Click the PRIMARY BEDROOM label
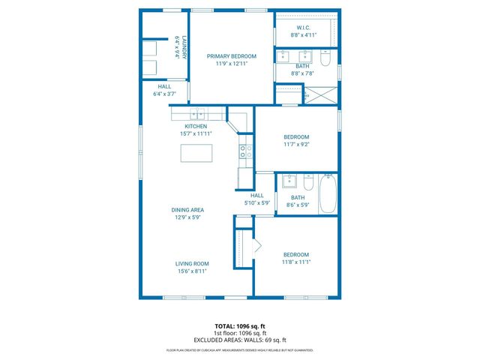[231, 56]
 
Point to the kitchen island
[196, 153]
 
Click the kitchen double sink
[197, 114]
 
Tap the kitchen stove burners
[244, 153]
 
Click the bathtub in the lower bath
[328, 193]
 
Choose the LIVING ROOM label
[192, 264]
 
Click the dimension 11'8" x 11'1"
[295, 262]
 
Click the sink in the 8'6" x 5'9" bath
[289, 181]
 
